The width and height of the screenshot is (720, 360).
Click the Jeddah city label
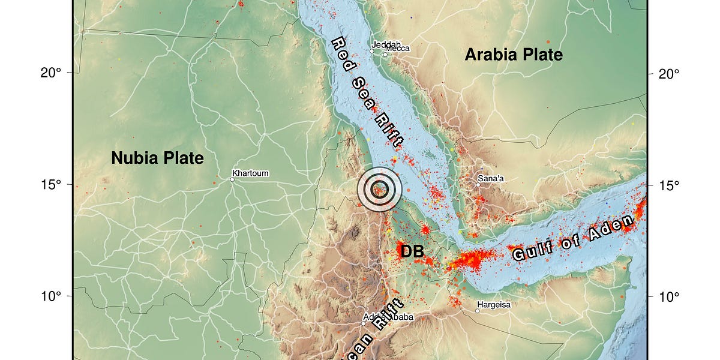click(x=386, y=44)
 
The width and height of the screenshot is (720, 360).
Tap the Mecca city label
click(x=397, y=49)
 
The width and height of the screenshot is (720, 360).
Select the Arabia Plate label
click(x=514, y=55)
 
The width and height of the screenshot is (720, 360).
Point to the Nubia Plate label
click(x=157, y=158)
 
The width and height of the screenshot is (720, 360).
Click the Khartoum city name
click(x=250, y=173)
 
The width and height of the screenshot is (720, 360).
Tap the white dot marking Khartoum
click(x=232, y=179)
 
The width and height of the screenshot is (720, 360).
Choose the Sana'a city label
click(x=492, y=178)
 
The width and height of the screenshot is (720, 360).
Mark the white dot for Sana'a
click(x=478, y=185)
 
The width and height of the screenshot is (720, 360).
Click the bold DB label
click(x=412, y=252)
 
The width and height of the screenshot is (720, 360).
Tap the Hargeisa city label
click(x=494, y=305)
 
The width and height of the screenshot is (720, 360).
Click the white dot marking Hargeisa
click(x=478, y=311)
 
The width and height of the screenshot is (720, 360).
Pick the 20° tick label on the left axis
click(x=51, y=73)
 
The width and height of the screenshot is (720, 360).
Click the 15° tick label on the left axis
click(x=51, y=185)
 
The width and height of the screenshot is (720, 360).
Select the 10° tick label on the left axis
click(x=51, y=296)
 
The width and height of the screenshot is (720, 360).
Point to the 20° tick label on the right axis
click(x=669, y=73)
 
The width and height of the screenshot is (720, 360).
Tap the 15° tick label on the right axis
click(x=669, y=185)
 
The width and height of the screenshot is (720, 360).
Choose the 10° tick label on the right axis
click(x=669, y=296)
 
